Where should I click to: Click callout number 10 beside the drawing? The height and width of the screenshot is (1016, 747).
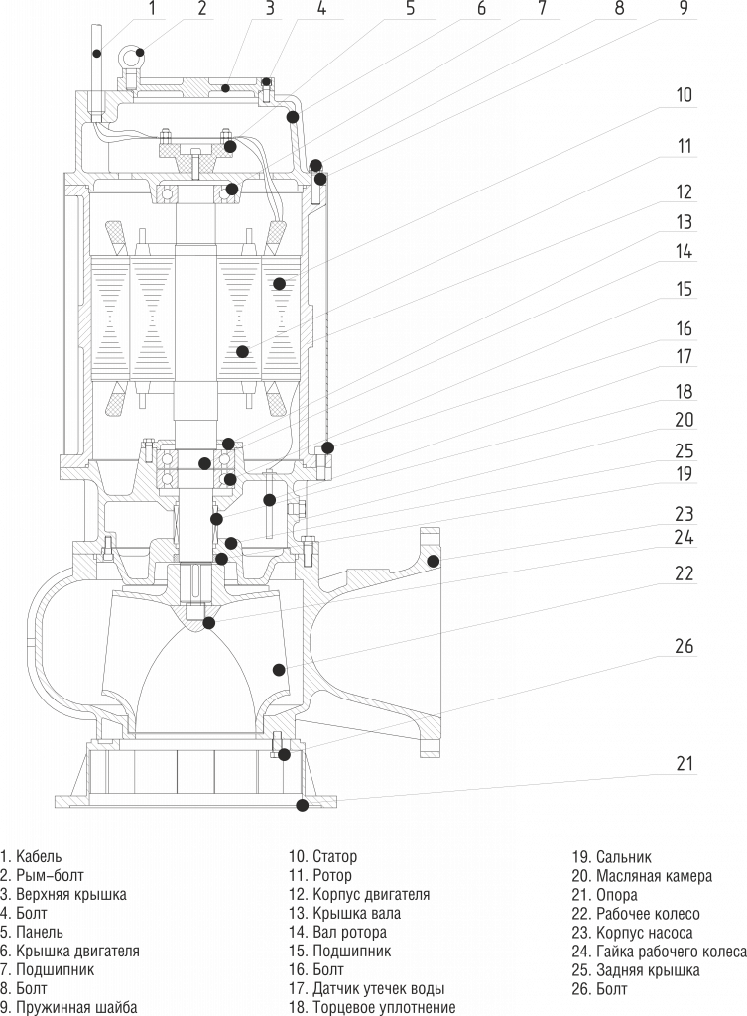click(x=685, y=94)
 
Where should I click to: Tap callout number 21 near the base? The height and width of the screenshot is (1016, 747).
click(x=685, y=763)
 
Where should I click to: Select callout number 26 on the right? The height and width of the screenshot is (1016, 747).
click(x=685, y=646)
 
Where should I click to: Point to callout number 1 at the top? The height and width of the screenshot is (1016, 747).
click(x=152, y=8)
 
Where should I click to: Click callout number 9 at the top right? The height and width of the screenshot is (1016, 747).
click(x=685, y=8)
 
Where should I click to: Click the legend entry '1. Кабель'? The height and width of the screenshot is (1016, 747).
click(x=31, y=857)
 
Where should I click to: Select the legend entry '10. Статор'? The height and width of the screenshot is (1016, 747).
click(x=322, y=857)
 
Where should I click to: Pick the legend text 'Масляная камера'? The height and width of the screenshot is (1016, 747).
click(x=654, y=876)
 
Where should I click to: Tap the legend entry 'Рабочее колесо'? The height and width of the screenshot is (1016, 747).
click(x=648, y=914)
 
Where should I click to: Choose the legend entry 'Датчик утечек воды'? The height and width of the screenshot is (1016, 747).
click(x=378, y=989)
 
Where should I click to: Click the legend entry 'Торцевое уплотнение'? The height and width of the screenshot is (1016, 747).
click(x=384, y=1008)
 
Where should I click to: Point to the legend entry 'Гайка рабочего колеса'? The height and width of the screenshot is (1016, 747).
click(x=672, y=952)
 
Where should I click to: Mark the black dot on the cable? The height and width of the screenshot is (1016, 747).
click(x=96, y=54)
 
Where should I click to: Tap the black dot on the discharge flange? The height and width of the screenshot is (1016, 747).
click(x=434, y=561)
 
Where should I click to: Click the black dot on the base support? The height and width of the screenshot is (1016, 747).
click(x=302, y=805)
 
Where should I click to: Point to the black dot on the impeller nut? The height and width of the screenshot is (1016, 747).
click(x=208, y=623)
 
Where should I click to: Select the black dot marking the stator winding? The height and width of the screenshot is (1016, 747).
click(x=279, y=283)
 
